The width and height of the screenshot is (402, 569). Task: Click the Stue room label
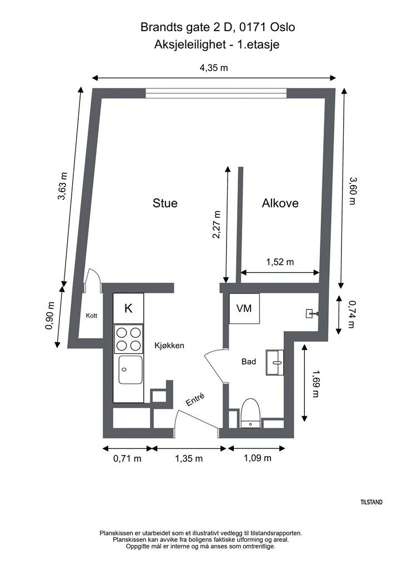(165, 203)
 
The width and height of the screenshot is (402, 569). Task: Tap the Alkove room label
(280, 203)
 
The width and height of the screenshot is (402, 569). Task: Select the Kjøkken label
(169, 346)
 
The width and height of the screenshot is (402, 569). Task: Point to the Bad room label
(249, 361)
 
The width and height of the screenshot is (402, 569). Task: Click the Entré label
(195, 400)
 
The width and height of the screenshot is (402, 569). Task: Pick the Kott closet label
(92, 316)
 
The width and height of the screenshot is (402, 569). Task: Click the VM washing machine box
(244, 308)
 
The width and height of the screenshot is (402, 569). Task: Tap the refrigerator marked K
(128, 308)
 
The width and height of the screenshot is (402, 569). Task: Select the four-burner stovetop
(128, 339)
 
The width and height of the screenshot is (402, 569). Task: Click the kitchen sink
(130, 370)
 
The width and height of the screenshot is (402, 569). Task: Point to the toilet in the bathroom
(250, 413)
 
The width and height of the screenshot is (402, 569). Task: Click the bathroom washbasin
(275, 362)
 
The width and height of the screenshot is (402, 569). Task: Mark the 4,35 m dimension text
(214, 67)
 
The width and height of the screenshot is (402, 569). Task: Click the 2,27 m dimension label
(217, 224)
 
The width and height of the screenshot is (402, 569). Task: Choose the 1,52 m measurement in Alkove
(280, 262)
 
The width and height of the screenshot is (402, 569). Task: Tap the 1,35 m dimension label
(189, 458)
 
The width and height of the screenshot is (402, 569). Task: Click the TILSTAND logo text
(371, 502)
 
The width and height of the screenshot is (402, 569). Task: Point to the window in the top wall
(217, 93)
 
